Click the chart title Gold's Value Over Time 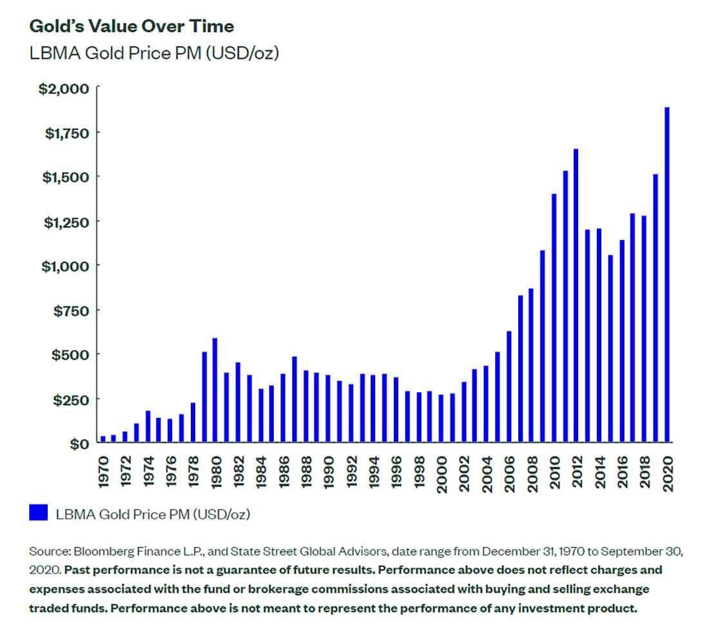131,26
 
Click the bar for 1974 148,426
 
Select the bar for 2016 622,341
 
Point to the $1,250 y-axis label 65,221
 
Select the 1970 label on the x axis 103,475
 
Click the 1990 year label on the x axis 329,475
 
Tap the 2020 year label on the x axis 667,475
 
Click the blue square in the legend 39,513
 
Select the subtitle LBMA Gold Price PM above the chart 154,54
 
